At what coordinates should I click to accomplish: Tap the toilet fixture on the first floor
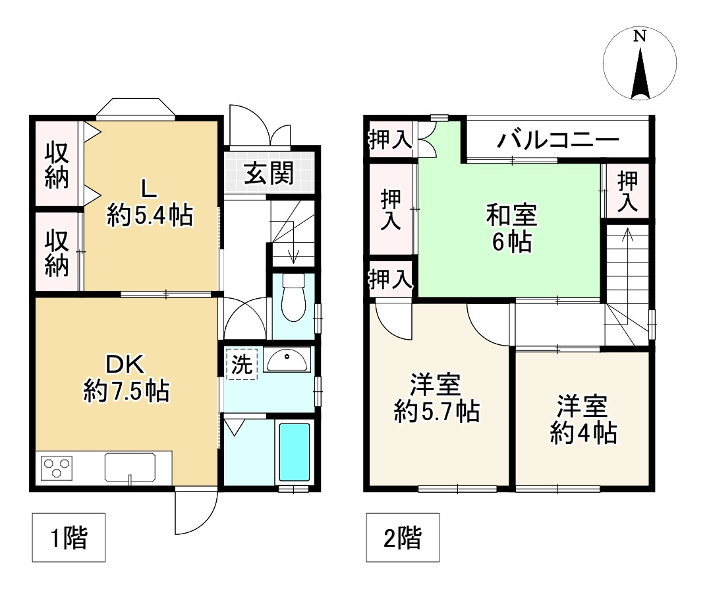292,298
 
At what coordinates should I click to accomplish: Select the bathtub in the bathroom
294,451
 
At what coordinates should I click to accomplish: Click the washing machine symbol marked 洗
242,365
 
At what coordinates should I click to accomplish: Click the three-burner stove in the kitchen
57,468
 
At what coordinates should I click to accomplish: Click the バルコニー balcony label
558,140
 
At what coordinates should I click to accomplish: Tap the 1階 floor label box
69,538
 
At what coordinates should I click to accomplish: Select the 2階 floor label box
402,538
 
